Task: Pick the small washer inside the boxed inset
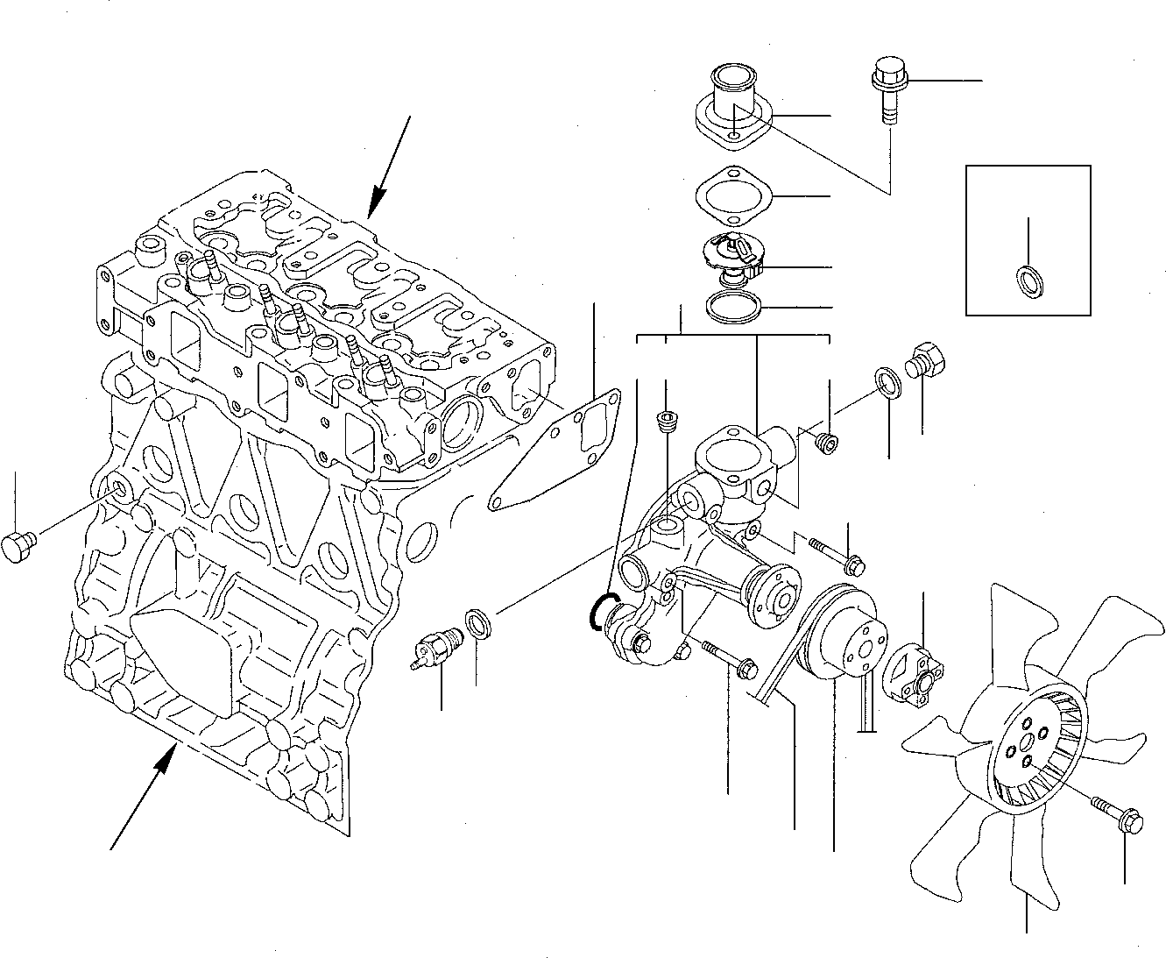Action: pos(1027,281)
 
